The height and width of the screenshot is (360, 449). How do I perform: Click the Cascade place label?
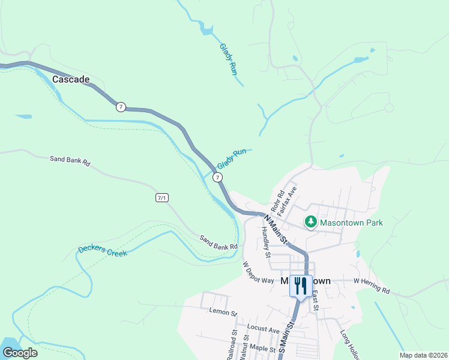click(71, 79)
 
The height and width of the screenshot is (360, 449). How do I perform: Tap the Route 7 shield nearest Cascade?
click(121, 107)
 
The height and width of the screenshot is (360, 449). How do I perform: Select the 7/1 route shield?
click(162, 197)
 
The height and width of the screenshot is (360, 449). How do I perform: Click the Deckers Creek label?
click(103, 250)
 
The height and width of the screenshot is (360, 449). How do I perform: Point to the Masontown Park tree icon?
click(311, 223)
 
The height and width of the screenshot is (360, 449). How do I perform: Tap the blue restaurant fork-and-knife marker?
click(301, 285)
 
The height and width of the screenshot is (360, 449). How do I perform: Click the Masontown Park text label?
click(351, 223)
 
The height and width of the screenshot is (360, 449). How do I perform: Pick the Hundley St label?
click(267, 245)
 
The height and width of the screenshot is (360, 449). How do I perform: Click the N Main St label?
click(275, 230)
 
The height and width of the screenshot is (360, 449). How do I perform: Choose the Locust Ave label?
click(263, 330)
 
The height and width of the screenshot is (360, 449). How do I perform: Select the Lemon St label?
click(223, 311)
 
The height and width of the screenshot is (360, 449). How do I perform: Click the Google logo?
click(20, 353)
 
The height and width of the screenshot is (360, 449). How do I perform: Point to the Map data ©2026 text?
click(423, 355)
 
